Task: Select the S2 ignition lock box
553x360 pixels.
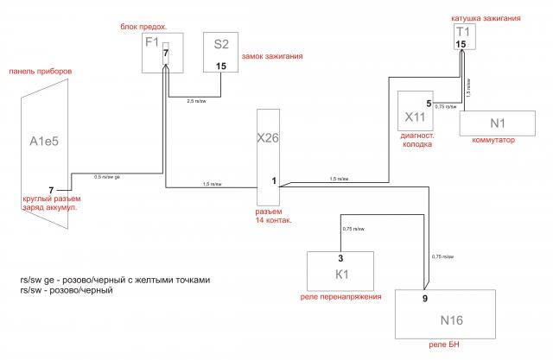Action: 220,54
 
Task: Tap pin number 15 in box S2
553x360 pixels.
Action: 221,66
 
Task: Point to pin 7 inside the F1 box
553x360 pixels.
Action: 166,54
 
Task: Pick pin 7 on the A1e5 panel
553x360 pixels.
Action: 51,189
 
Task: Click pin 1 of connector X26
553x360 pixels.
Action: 274,180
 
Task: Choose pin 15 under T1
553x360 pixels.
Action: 461,44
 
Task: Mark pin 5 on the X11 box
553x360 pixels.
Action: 429,104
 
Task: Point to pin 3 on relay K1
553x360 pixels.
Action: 340,257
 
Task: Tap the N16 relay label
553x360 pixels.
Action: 452,320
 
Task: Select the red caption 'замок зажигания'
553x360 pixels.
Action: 273,57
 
